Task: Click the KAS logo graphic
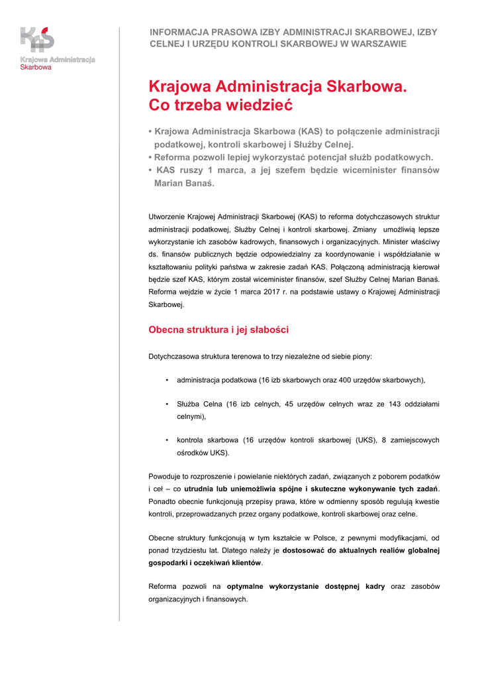[37, 40]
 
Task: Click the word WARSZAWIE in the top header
[377, 44]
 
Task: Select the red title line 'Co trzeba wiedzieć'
[220, 105]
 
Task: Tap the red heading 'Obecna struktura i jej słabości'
[218, 330]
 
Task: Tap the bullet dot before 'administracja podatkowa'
[167, 381]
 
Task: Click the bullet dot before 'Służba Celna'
[167, 404]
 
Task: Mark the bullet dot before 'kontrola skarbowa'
[167, 440]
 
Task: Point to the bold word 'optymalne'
[247, 587]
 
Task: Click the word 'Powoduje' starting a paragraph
[166, 477]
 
